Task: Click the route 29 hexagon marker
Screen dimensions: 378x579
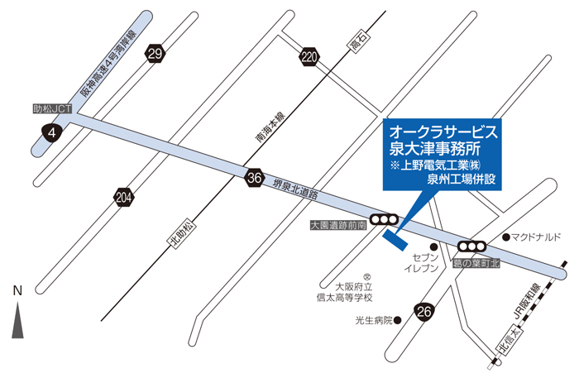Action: point(155,55)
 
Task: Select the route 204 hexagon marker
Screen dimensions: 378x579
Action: point(124,197)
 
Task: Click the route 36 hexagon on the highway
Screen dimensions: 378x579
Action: point(255,176)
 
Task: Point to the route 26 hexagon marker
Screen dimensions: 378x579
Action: point(425,311)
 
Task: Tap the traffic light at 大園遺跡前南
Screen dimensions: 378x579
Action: point(384,219)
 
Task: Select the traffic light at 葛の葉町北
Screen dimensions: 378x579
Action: point(472,246)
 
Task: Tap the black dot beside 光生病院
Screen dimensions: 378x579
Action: point(397,319)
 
